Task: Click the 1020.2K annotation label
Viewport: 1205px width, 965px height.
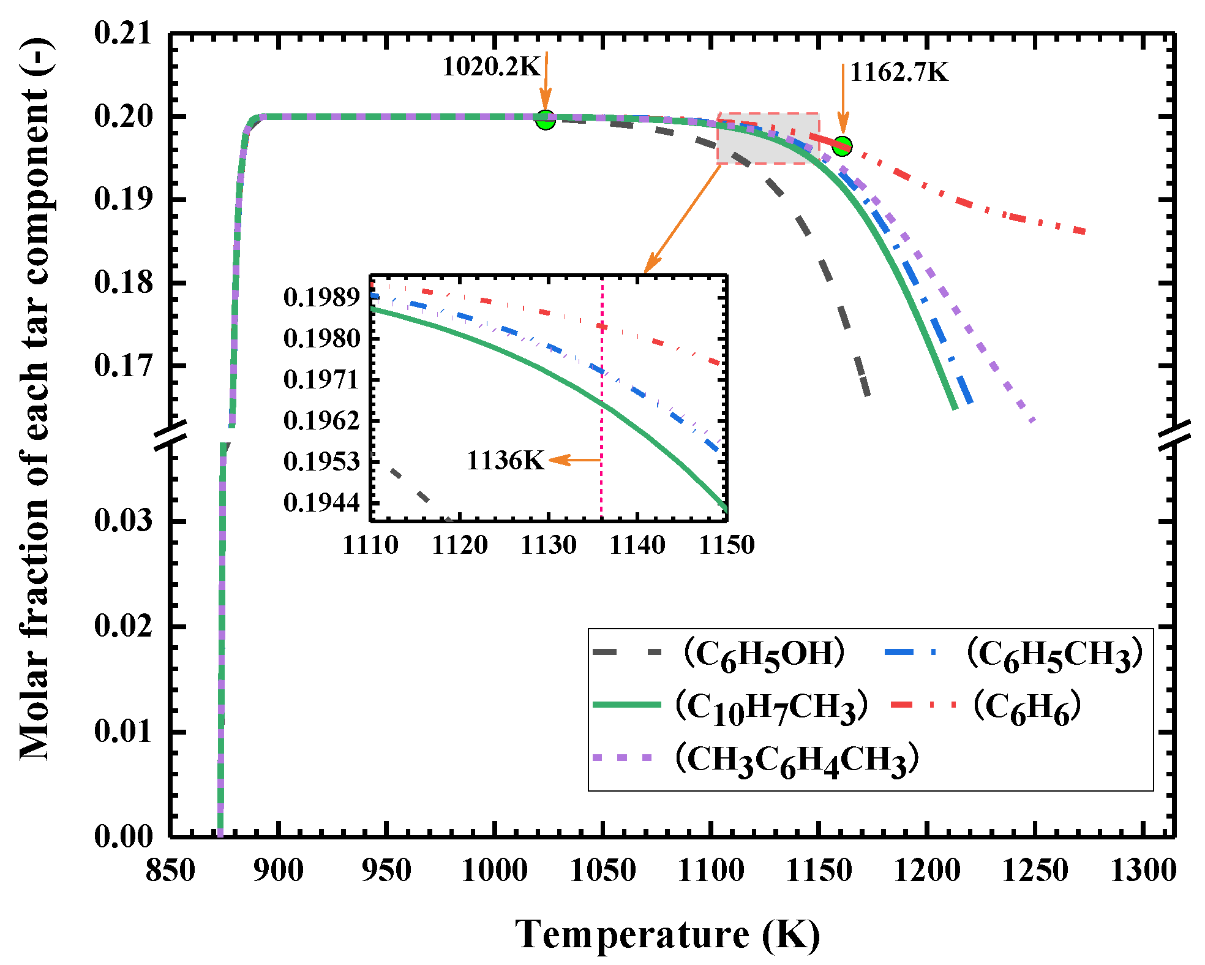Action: click(x=491, y=67)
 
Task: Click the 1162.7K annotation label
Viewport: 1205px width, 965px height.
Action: click(x=899, y=73)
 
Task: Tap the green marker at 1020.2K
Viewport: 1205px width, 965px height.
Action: click(x=546, y=119)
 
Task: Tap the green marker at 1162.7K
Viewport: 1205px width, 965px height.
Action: click(x=843, y=146)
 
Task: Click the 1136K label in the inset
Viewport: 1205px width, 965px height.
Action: click(x=505, y=461)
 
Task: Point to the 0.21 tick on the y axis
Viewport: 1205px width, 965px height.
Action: click(x=122, y=33)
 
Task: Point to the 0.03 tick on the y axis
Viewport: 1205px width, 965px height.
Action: click(x=122, y=521)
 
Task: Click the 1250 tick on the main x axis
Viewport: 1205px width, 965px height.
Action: click(x=1035, y=871)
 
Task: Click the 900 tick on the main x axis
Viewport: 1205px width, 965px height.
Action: click(x=279, y=871)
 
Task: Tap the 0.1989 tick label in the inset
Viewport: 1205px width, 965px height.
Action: click(x=321, y=298)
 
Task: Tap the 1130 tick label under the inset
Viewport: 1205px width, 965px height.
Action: click(x=549, y=545)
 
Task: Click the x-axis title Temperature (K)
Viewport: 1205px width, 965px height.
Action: click(x=667, y=935)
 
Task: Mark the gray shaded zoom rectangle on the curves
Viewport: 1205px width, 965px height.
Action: click(x=768, y=138)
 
